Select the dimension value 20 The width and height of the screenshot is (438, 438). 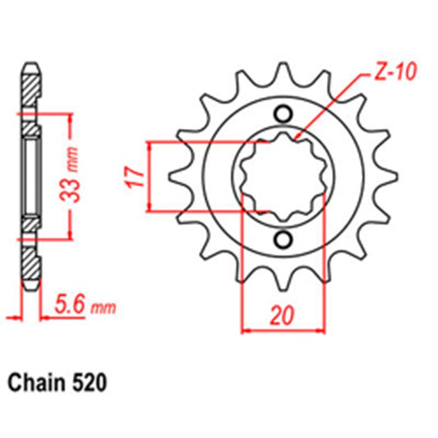(x=281, y=315)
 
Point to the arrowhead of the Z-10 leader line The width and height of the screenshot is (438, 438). (x=297, y=133)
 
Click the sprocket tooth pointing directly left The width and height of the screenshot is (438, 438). (x=175, y=176)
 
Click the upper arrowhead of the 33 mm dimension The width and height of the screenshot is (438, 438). (x=72, y=118)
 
